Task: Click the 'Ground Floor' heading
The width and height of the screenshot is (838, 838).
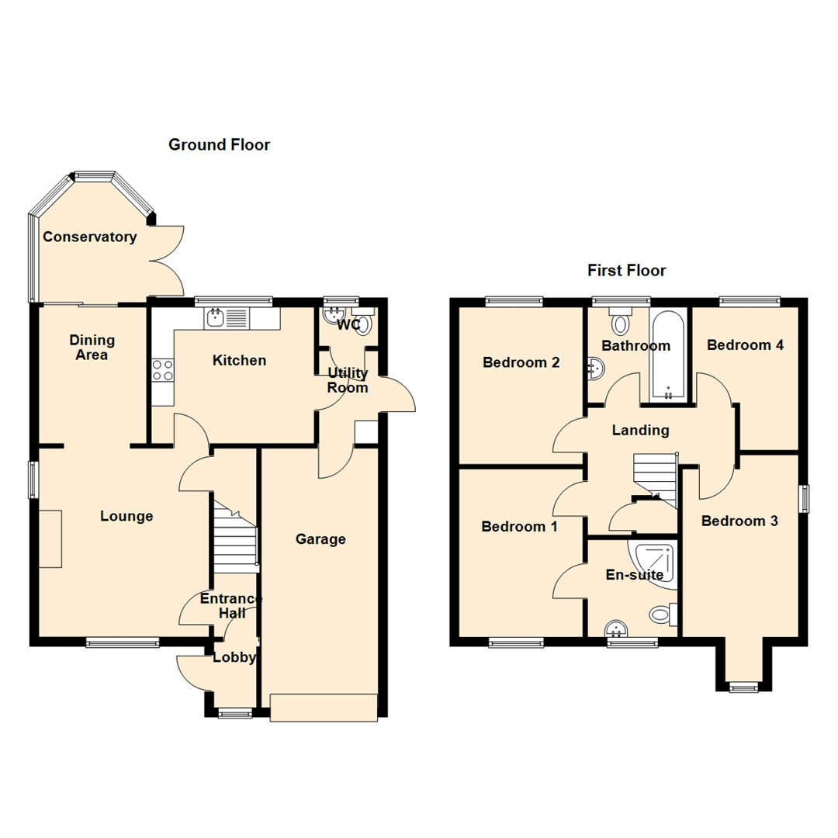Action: click(219, 145)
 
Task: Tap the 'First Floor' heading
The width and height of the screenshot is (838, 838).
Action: click(626, 271)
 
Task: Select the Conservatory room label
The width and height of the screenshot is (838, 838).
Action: click(89, 237)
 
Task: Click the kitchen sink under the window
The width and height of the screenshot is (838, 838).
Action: click(216, 317)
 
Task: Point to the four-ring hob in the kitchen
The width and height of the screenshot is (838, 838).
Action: click(163, 371)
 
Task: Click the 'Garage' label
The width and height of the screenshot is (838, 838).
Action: click(320, 539)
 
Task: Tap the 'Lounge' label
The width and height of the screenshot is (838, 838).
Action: click(126, 516)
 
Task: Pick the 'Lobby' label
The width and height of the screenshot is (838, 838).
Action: click(234, 657)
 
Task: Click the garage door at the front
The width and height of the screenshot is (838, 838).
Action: click(324, 707)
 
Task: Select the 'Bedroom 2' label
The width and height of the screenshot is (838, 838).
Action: click(521, 362)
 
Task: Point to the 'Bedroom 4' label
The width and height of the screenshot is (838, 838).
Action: click(744, 345)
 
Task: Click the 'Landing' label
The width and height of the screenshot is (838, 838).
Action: click(640, 430)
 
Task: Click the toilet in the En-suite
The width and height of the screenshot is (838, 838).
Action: click(662, 615)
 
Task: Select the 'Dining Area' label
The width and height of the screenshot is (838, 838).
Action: click(92, 348)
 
